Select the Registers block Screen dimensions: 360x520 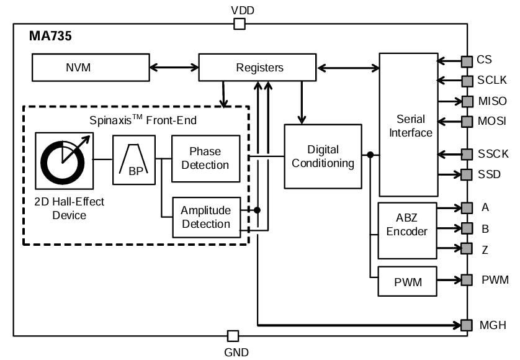[259, 68]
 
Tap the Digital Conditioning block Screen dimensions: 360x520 [323, 156]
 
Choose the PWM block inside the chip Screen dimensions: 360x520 [407, 282]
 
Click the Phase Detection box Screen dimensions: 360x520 [205, 158]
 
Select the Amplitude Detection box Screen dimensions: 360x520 [205, 217]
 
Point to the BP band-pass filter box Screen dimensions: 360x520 [133, 160]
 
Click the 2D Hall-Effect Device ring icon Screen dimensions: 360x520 [63, 160]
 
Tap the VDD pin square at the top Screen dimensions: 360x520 [239, 24]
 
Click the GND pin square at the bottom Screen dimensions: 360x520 [233, 336]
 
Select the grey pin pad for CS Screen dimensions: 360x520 [466, 61]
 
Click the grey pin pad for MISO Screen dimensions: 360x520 [466, 101]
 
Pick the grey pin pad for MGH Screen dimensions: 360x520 [466, 325]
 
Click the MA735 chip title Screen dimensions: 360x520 [50, 37]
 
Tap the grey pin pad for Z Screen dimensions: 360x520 [466, 248]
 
